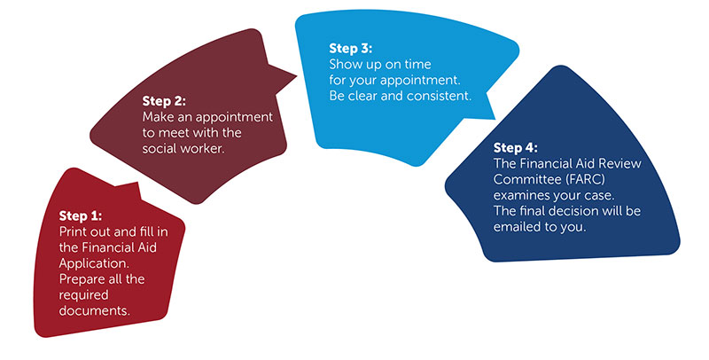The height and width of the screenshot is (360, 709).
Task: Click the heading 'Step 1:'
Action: (81, 216)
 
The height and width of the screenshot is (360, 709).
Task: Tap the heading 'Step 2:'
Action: (164, 101)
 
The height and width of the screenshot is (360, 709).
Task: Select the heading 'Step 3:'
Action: (350, 49)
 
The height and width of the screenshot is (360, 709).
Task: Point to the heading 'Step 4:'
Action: (516, 148)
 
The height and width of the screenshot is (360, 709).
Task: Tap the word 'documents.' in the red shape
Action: (95, 310)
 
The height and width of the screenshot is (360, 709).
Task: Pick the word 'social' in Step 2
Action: (159, 148)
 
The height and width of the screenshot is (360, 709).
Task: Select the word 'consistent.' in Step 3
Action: (439, 96)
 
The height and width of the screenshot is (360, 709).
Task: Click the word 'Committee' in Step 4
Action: (526, 179)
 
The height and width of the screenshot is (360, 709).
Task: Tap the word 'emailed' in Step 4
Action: (518, 227)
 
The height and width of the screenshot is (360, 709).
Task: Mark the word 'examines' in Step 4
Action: (520, 195)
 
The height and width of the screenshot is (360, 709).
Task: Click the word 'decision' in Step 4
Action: (583, 211)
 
